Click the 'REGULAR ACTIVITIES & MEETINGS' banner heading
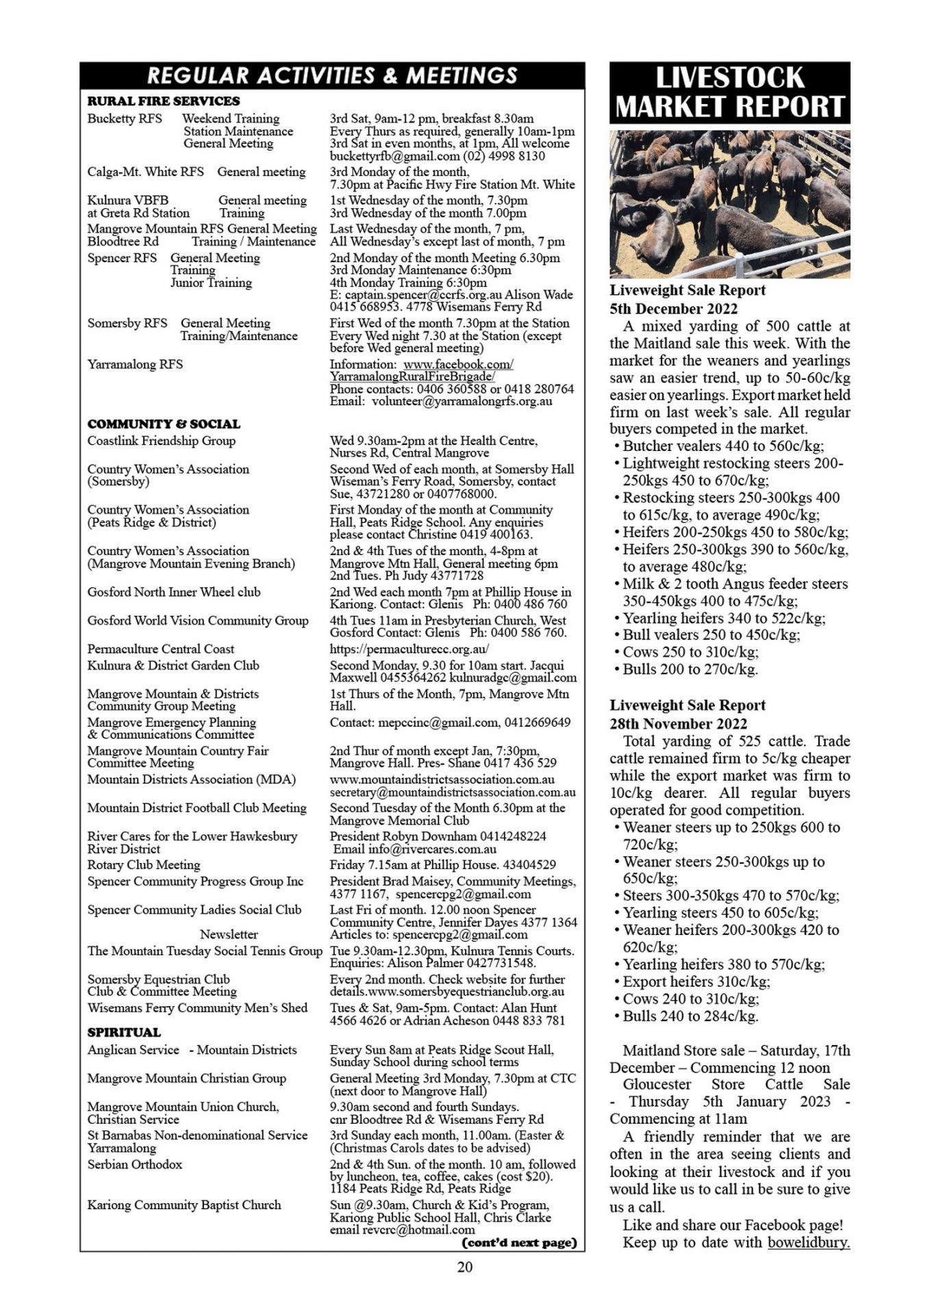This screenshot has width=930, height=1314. point(332,75)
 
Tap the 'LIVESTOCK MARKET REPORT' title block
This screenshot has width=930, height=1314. point(729,92)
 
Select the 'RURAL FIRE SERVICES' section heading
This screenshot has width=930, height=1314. point(163,101)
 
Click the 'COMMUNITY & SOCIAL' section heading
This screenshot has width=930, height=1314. point(163,424)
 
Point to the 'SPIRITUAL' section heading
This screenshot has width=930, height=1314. point(124,1032)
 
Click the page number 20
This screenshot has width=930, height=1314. point(464,1267)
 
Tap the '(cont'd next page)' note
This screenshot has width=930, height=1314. point(519,1242)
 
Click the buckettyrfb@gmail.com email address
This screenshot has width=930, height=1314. point(388,156)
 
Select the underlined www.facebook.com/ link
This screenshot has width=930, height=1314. point(458,364)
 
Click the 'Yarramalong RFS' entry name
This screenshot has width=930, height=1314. point(135,364)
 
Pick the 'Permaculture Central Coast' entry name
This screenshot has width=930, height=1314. point(160,649)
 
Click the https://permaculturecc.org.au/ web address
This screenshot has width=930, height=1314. point(409,649)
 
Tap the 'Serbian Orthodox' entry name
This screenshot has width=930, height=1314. point(134,1164)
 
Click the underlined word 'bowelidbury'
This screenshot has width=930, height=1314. point(807,1242)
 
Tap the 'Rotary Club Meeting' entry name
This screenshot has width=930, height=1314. point(143,864)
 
